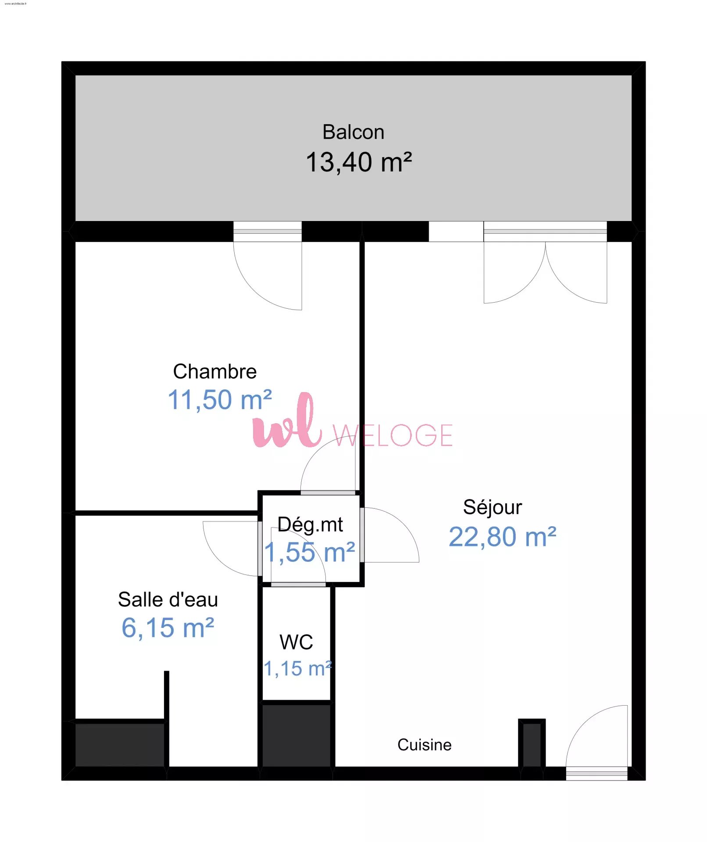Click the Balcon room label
point(353,132)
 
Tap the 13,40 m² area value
point(359,162)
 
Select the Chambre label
point(214,371)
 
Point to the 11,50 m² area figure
point(220,400)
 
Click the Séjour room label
point(493,508)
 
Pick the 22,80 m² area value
point(503,537)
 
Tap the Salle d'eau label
point(168,599)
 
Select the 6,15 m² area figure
point(168,628)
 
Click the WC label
point(296,642)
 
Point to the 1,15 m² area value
point(298,669)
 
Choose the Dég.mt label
point(310,525)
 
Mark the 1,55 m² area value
point(309,553)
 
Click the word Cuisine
point(424,745)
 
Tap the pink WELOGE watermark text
point(393,435)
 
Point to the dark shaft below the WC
point(296,735)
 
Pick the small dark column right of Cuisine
point(532,744)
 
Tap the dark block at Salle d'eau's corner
point(120,745)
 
